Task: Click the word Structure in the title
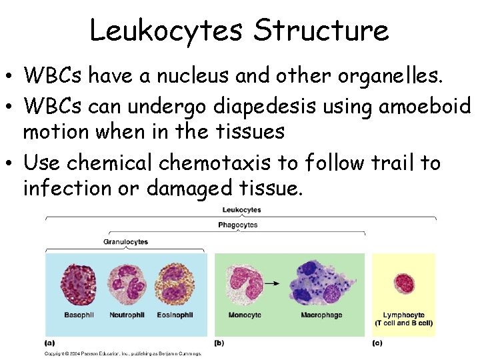321,31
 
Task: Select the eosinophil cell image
175,283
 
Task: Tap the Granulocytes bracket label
125,241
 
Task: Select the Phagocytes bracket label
237,225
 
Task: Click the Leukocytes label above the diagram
241,210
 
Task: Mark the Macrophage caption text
322,315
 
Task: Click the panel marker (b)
219,343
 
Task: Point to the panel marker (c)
377,343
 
